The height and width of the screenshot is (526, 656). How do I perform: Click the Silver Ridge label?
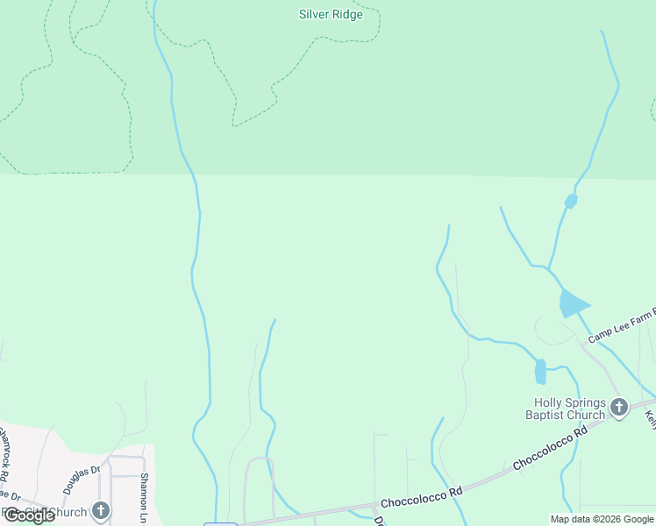click(331, 14)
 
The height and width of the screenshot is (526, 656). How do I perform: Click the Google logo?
click(28, 515)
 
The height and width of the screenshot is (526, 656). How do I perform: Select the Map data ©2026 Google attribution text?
click(602, 519)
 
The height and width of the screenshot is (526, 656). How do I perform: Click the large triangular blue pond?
click(572, 303)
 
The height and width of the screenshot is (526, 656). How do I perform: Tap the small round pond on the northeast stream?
click(571, 202)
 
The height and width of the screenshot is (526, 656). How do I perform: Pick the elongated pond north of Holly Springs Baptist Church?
click(540, 372)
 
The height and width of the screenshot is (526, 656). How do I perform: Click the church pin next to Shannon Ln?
click(102, 510)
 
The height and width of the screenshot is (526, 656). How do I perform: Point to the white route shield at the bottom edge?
click(220, 524)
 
